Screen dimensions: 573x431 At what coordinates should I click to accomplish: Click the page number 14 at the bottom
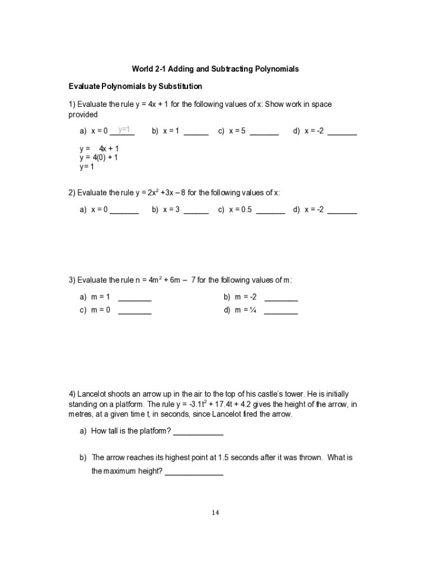(x=215, y=513)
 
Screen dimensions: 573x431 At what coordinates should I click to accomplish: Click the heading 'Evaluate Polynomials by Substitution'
(x=135, y=87)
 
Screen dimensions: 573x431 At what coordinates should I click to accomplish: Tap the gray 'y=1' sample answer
(x=124, y=129)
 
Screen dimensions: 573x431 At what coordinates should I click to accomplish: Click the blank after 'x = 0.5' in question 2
(x=270, y=212)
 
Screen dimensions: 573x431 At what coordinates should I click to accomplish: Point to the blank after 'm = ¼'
(x=280, y=312)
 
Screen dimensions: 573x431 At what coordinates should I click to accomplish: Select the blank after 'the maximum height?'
(x=194, y=473)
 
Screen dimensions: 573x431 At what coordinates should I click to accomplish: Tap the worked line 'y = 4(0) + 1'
(x=99, y=158)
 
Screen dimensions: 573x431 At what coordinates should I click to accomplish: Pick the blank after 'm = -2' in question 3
(x=280, y=299)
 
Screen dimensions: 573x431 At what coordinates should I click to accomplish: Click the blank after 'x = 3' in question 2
(x=196, y=212)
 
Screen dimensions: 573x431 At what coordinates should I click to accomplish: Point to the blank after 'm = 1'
(x=134, y=299)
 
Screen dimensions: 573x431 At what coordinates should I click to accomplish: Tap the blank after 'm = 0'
(x=134, y=312)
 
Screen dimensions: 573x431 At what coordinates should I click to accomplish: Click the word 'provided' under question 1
(x=83, y=115)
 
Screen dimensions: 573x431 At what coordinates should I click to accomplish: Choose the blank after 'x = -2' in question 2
(x=342, y=212)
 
